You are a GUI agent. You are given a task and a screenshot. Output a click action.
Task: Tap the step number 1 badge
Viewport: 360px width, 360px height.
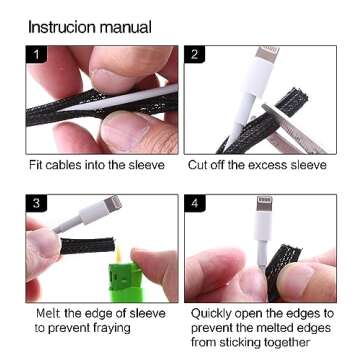point(36,54)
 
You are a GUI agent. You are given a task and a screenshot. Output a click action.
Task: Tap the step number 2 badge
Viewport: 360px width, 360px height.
point(195,54)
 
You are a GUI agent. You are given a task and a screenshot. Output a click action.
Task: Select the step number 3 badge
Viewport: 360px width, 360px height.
point(36,203)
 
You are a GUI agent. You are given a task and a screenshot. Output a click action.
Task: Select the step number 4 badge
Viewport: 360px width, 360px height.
point(195,203)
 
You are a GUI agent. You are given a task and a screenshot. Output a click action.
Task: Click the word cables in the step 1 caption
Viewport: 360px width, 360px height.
point(65,165)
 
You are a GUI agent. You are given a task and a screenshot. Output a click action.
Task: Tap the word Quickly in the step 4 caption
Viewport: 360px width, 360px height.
point(211,314)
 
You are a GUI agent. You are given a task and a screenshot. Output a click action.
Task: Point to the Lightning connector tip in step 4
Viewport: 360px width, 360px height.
point(264,203)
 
